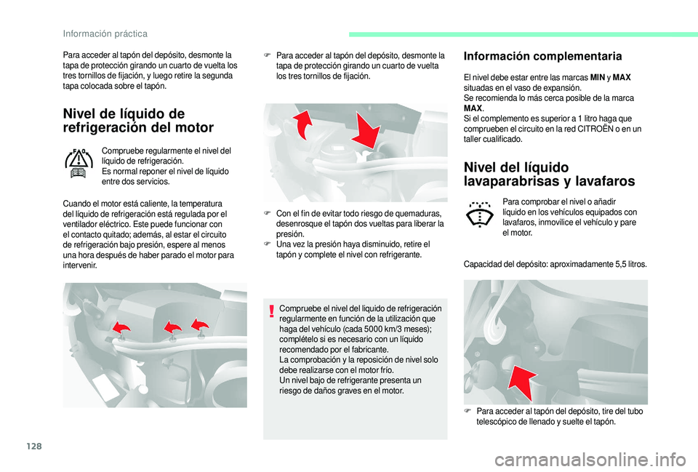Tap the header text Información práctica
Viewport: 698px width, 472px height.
(105, 33)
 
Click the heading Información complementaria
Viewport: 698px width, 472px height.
(542, 56)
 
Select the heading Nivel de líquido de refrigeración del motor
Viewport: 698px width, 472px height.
(138, 121)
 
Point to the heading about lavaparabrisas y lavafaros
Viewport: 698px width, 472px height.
(549, 175)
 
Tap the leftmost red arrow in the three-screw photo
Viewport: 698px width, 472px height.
(121, 329)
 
